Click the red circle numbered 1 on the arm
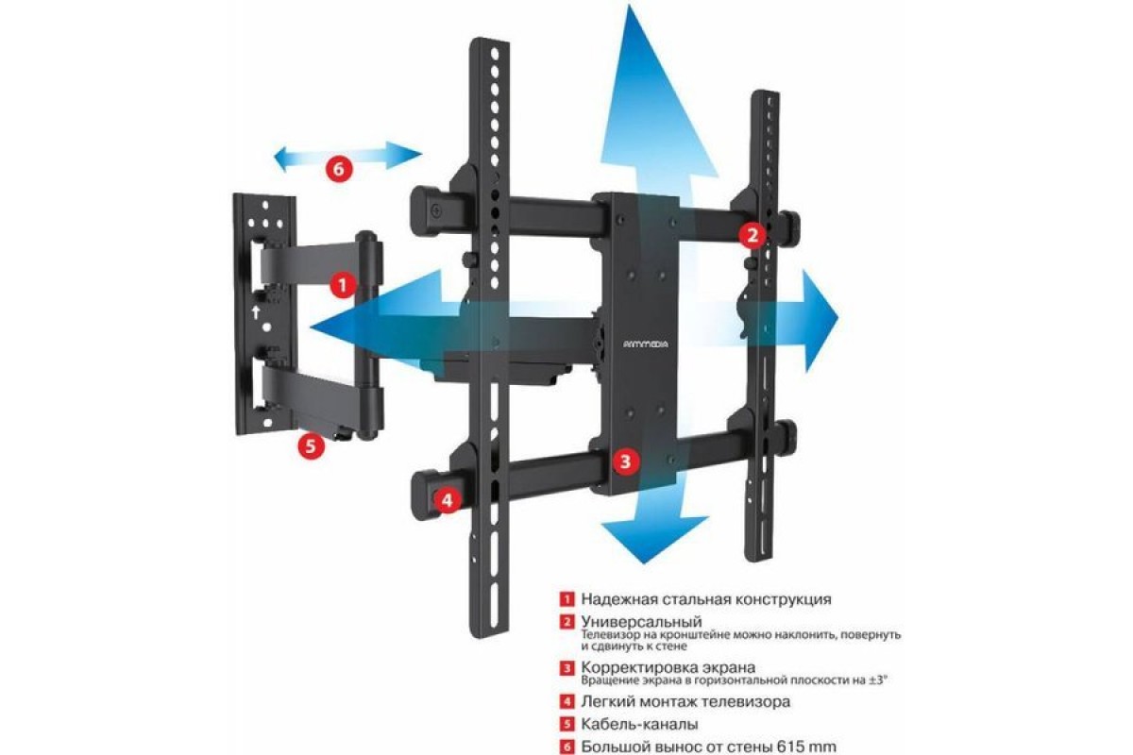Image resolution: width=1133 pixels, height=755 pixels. click(x=343, y=285)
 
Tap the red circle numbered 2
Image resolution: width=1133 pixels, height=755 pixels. click(x=753, y=235)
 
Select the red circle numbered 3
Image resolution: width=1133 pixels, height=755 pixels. click(x=626, y=461)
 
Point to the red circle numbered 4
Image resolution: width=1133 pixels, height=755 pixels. click(x=448, y=500)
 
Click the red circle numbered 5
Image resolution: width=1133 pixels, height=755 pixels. click(x=311, y=445)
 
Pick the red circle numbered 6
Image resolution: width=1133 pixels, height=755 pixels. click(x=339, y=168)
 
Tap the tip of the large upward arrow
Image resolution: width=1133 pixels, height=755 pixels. click(x=631, y=5)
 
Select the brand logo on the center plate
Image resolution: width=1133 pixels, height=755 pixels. click(x=645, y=344)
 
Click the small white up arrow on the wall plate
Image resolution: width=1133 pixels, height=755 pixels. click(x=256, y=312)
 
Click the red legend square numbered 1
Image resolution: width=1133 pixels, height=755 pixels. click(x=567, y=599)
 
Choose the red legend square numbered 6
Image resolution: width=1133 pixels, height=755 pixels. click(x=567, y=747)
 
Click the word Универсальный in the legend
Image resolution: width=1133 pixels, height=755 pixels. click(x=641, y=622)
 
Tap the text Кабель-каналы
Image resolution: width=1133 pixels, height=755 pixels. click(x=639, y=724)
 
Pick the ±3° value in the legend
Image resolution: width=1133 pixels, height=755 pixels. click(x=879, y=680)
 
